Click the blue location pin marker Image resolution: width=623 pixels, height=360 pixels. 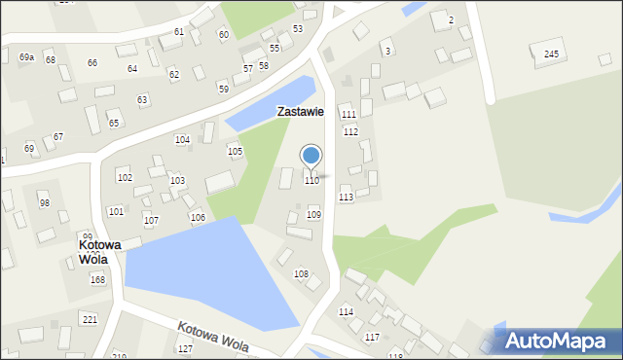[311, 156]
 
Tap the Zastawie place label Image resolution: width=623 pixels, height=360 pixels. [300, 112]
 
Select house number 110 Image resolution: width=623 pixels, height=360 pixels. [311, 181]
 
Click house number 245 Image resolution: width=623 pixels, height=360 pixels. [552, 54]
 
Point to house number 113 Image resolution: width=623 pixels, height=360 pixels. [346, 198]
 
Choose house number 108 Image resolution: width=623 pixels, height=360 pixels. [301, 274]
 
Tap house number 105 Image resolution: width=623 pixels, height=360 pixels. [235, 152]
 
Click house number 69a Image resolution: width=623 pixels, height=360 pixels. [26, 58]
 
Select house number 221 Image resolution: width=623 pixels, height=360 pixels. [90, 320]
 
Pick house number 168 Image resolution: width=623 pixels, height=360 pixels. [97, 280]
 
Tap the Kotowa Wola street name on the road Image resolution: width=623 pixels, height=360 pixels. [212, 337]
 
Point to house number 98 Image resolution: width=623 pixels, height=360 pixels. [44, 202]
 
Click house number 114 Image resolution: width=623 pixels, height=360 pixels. [346, 312]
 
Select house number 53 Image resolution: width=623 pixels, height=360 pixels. [298, 29]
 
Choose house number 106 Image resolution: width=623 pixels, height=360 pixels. [198, 218]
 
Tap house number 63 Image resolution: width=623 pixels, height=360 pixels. [142, 100]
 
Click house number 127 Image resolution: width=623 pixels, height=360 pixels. [185, 348]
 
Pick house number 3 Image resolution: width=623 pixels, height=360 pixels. [387, 51]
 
